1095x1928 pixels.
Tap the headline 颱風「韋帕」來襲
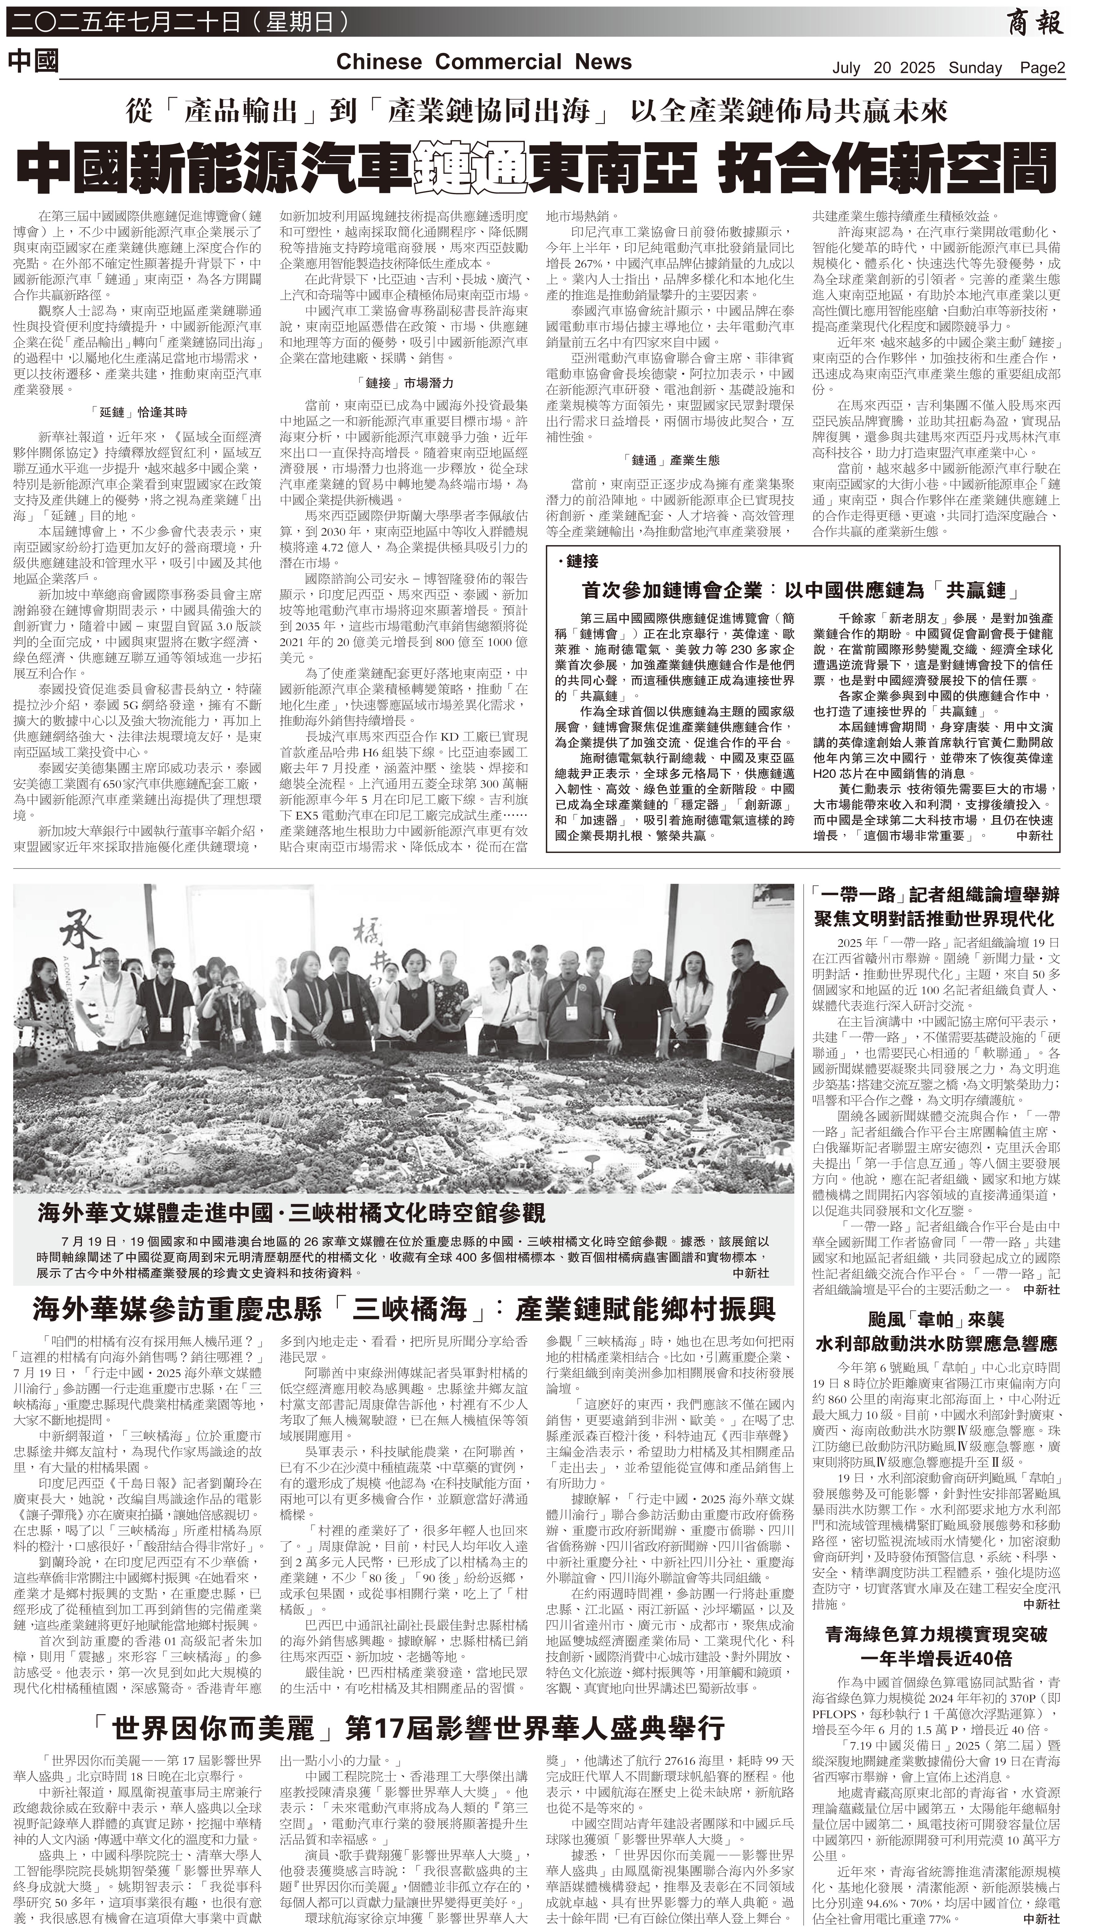pyautogui.click(x=936, y=1320)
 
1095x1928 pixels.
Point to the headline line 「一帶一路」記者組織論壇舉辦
pyautogui.click(x=936, y=894)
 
